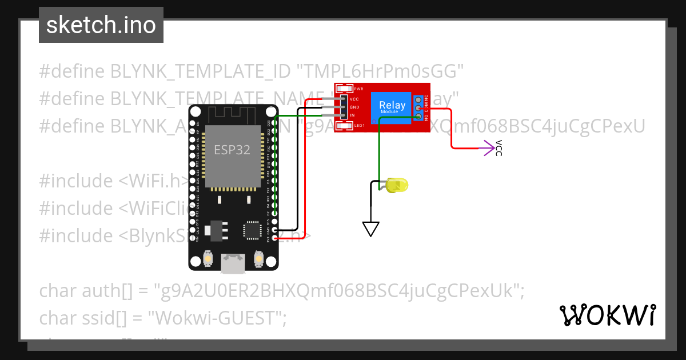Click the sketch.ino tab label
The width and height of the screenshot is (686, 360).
pos(101,25)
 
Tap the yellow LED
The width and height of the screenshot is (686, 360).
pos(396,185)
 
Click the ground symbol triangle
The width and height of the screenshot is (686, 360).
pos(371,229)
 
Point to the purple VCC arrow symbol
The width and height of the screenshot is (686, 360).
pos(488,148)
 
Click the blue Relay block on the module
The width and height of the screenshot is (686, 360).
pos(392,107)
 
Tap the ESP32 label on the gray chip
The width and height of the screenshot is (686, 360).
pos(232,150)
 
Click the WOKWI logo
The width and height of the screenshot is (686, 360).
pos(607,315)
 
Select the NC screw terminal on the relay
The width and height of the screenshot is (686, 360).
pos(418,99)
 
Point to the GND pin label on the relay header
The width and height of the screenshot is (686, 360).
pos(354,107)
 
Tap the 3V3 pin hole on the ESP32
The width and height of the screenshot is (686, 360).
pos(275,238)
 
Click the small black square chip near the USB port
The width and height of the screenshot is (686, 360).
pos(251,230)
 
